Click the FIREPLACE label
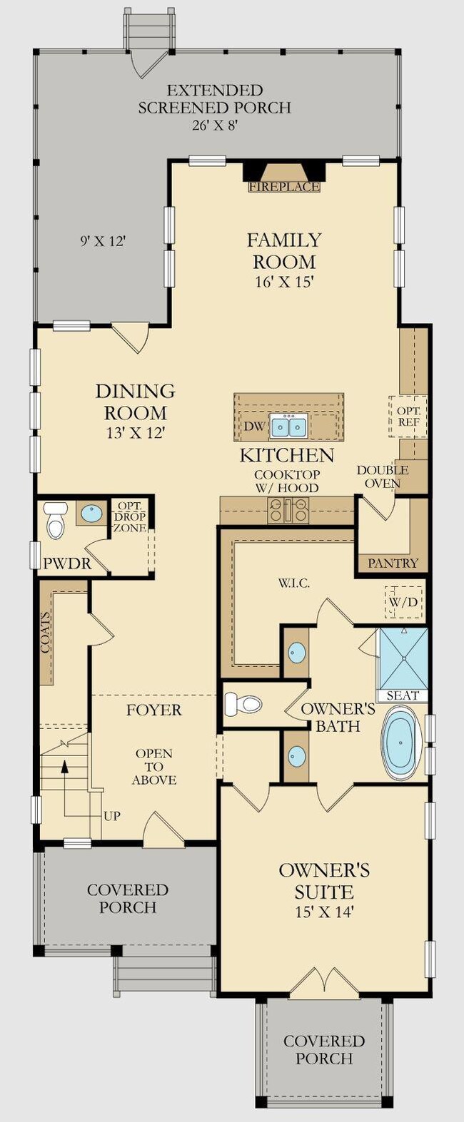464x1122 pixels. pyautogui.click(x=285, y=187)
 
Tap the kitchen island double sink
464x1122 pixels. pyautogui.click(x=288, y=427)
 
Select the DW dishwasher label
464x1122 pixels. pyautogui.click(x=254, y=427)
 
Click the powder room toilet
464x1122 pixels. pyautogui.click(x=55, y=521)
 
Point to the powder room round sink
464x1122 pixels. pyautogui.click(x=91, y=513)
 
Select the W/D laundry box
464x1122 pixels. pyautogui.click(x=403, y=601)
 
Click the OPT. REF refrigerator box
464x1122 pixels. pyautogui.click(x=408, y=417)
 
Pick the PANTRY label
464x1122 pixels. pyautogui.click(x=393, y=563)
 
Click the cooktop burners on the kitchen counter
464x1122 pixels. pyautogui.click(x=288, y=511)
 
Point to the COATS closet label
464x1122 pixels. pyautogui.click(x=46, y=633)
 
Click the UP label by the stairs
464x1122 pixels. pyautogui.click(x=112, y=817)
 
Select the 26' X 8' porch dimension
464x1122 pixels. pyautogui.click(x=214, y=126)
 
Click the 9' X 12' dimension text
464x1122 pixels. pyautogui.click(x=102, y=241)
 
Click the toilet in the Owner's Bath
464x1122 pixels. pyautogui.click(x=243, y=705)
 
